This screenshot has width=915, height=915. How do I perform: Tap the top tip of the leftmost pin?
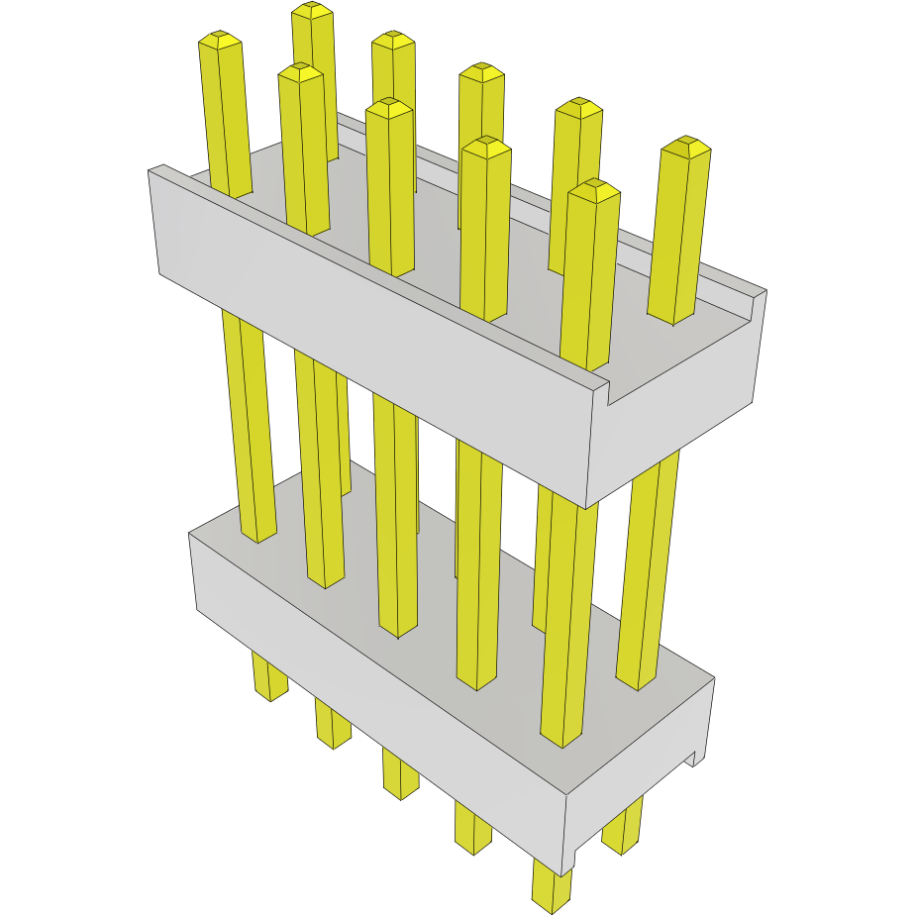point(220,39)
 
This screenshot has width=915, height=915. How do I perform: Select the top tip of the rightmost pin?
point(687,145)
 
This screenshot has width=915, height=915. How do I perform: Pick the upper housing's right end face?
point(683,406)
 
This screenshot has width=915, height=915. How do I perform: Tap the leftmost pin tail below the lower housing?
point(268,677)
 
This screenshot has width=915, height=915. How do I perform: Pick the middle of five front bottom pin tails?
point(400,772)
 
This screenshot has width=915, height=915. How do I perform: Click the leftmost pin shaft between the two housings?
point(249,426)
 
